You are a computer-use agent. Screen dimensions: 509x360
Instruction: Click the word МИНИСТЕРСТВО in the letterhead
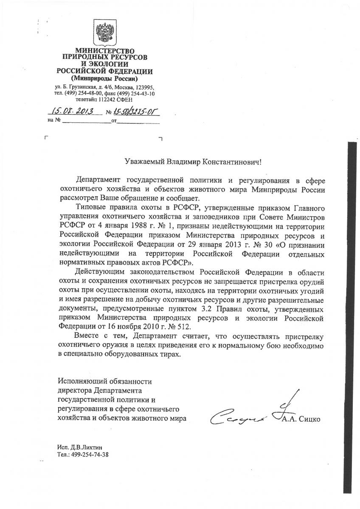[105, 51]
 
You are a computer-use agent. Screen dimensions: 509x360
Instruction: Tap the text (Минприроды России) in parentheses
[104, 79]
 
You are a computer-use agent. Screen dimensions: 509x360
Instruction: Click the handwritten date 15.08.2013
[73, 112]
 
